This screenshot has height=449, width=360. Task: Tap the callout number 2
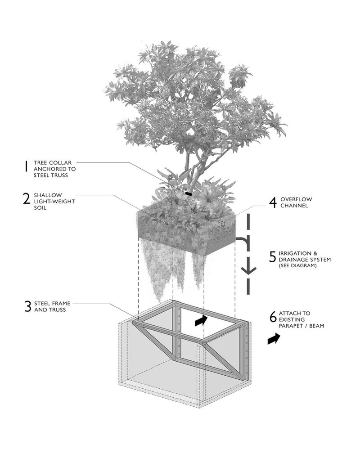[x=27, y=199]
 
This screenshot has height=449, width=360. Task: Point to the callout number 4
[x=273, y=202]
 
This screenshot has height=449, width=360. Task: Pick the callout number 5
[x=273, y=256]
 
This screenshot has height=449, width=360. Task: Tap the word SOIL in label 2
[x=41, y=208]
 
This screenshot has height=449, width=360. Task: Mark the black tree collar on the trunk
[x=188, y=193]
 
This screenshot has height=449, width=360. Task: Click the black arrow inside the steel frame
[x=202, y=320]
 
